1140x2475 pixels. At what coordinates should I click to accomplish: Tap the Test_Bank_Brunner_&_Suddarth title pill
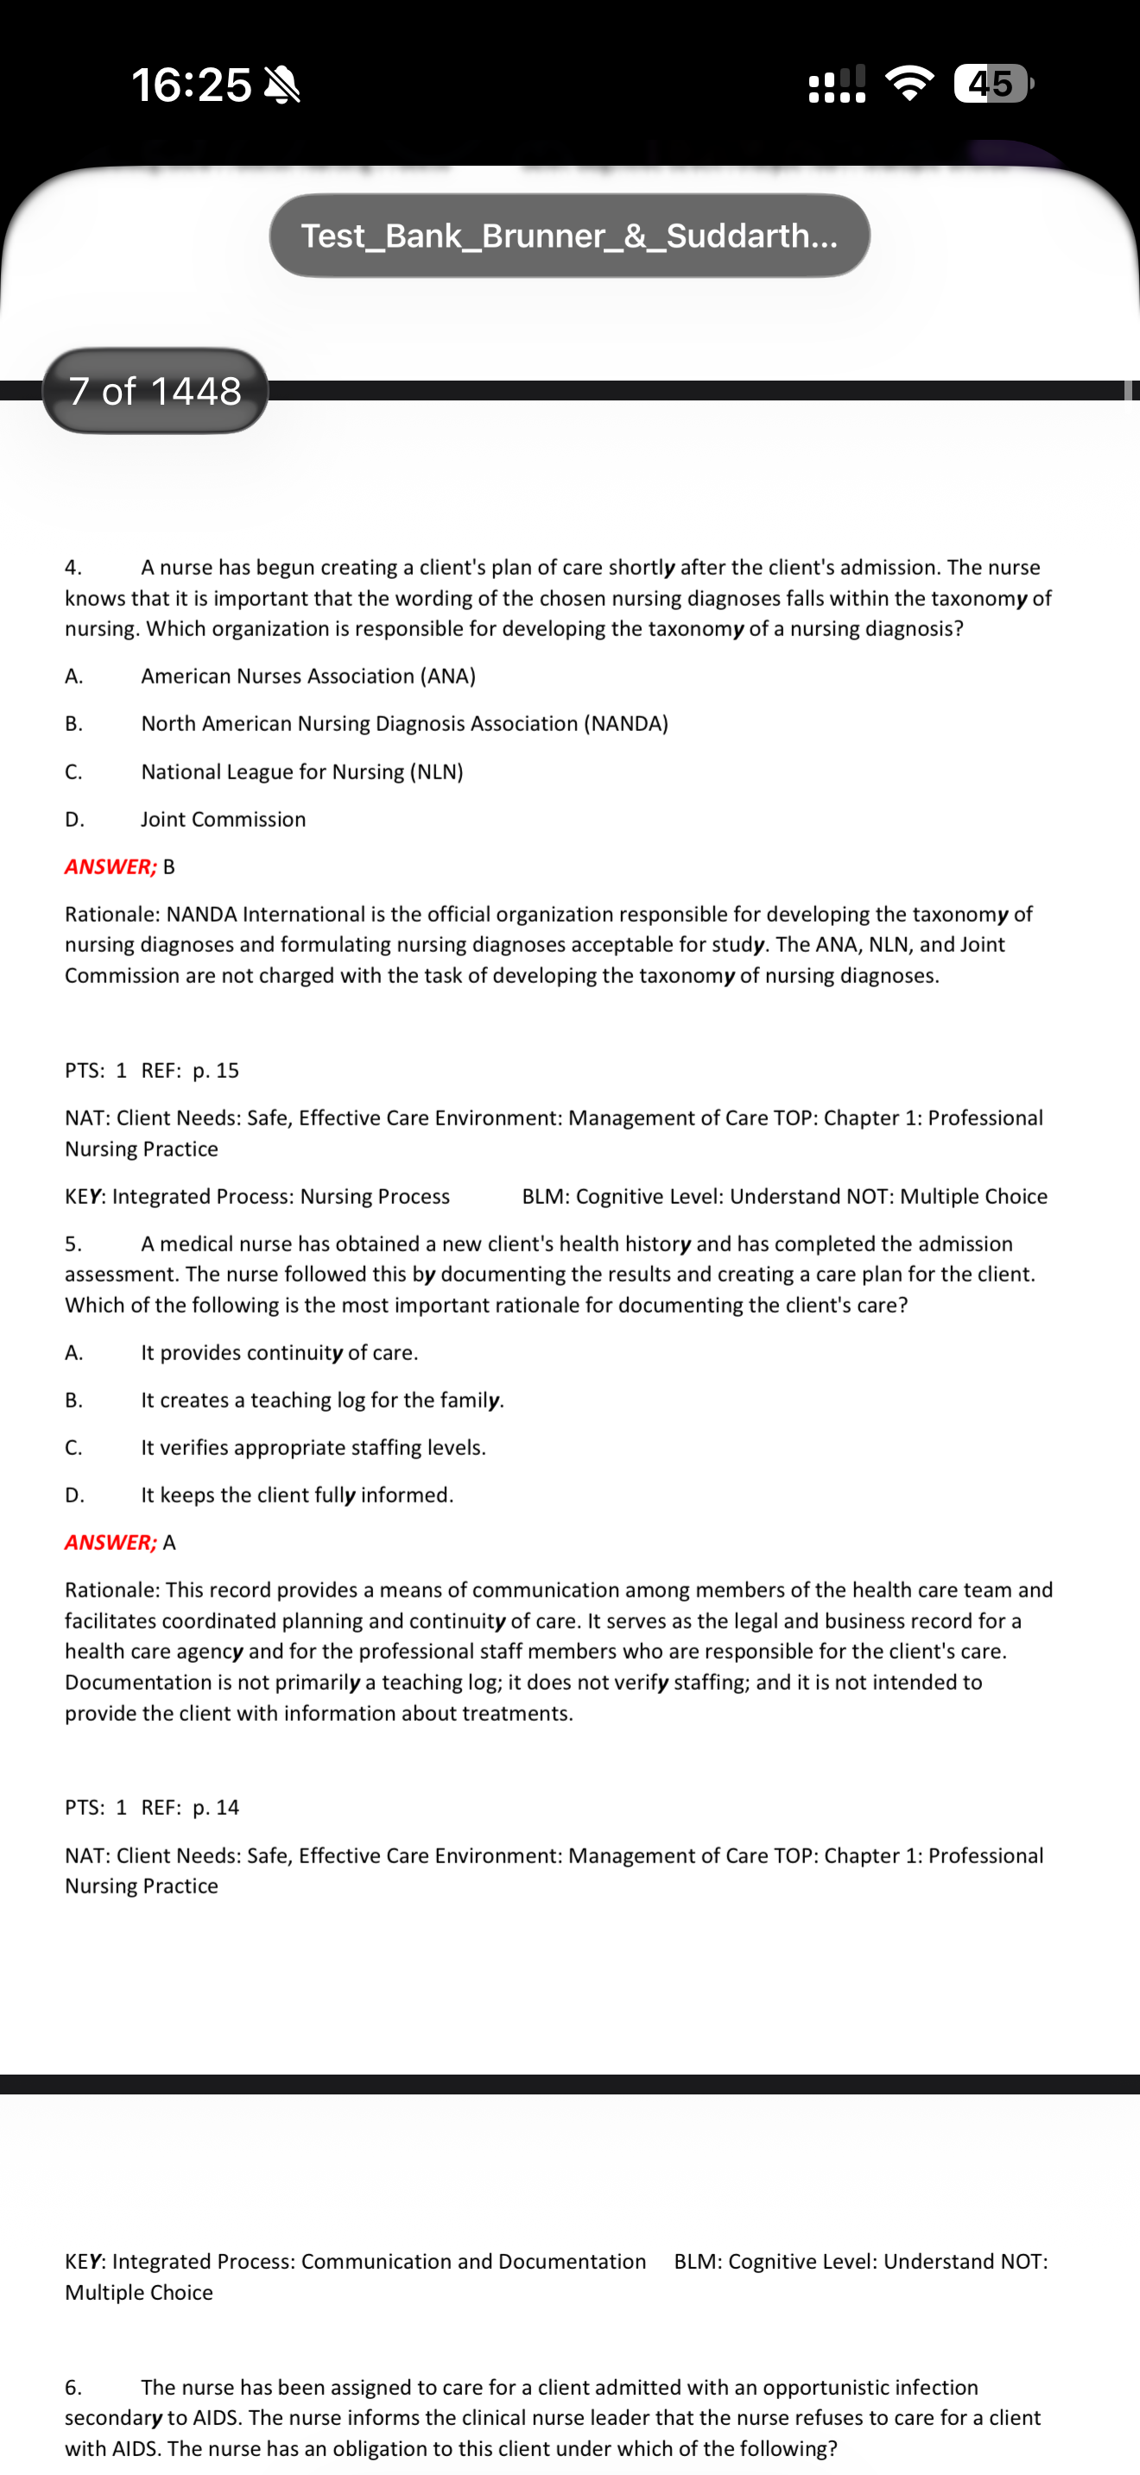[569, 236]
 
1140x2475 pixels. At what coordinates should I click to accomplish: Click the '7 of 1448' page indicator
[155, 391]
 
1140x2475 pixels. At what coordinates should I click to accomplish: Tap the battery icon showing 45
[992, 84]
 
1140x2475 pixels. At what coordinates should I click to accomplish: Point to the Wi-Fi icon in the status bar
[909, 84]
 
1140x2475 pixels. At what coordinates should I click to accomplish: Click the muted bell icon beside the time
[282, 85]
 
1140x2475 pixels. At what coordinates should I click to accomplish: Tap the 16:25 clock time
[190, 85]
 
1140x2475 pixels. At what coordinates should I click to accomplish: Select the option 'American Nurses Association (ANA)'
[307, 676]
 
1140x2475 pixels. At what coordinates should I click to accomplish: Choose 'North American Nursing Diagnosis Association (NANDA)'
[403, 723]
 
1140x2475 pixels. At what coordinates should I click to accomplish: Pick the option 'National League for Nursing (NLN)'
[301, 771]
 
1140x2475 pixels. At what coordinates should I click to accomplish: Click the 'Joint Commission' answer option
[223, 820]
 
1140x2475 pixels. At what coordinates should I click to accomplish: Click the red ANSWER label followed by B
[111, 866]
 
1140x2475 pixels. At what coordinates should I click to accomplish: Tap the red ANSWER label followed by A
[111, 1542]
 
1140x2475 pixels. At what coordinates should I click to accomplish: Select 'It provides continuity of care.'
[279, 1353]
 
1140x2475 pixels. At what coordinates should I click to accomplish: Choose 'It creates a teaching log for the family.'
[322, 1400]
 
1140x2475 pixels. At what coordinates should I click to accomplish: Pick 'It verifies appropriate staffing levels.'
[313, 1448]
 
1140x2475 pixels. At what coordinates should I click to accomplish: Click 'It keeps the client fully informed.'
[297, 1495]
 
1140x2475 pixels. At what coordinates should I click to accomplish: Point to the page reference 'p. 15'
[215, 1070]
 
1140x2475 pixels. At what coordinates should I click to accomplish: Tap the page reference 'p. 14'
[215, 1807]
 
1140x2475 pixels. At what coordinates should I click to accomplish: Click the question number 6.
[73, 2387]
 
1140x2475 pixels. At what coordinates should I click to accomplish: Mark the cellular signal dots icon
[837, 84]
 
